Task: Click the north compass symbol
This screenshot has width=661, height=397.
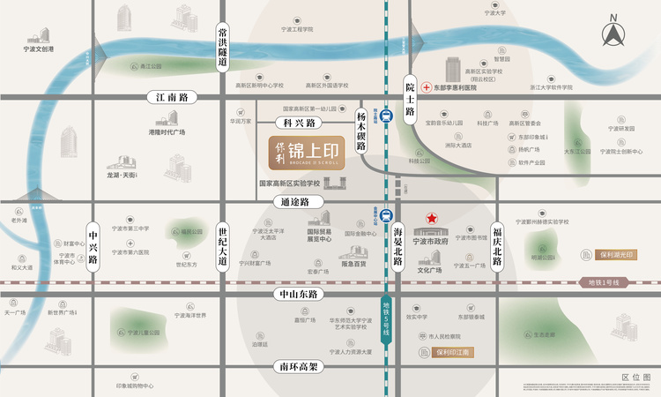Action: (x=613, y=33)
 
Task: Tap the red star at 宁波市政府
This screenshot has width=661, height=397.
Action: (x=432, y=218)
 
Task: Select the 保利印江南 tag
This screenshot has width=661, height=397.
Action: (x=454, y=351)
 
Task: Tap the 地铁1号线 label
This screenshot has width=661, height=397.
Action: (x=605, y=282)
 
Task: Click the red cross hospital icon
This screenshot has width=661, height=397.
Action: (x=425, y=88)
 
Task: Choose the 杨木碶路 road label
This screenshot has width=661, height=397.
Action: (x=360, y=131)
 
